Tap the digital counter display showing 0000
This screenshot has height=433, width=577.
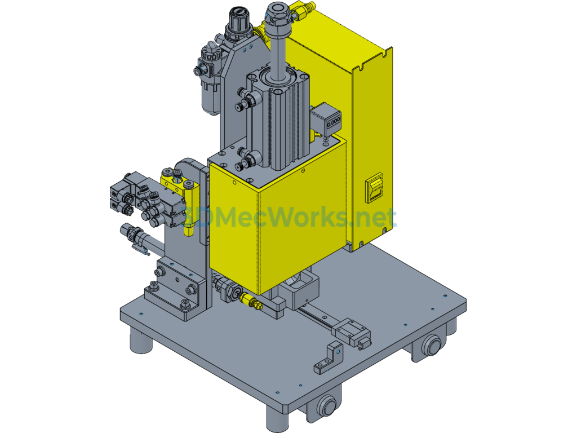[x=334, y=122]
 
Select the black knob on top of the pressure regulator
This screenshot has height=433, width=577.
[x=239, y=21]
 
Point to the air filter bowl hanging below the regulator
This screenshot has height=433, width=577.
[x=210, y=96]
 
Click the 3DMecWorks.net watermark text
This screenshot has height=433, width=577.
[x=291, y=217]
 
